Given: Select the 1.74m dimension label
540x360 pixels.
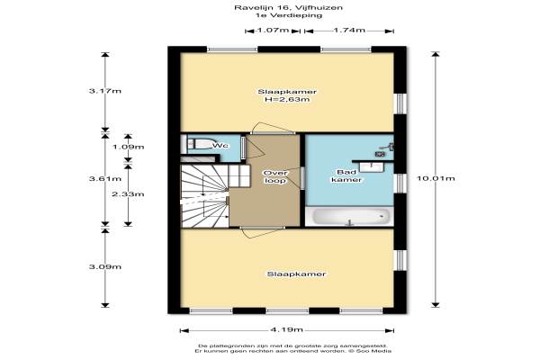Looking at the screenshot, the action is click(x=349, y=31).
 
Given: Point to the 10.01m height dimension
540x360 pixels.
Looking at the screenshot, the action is click(x=436, y=178).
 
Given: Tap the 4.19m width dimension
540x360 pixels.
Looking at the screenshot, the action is click(x=286, y=330).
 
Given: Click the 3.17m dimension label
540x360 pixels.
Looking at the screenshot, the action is click(x=105, y=91).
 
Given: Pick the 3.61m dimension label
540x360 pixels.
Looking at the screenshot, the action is click(x=105, y=179).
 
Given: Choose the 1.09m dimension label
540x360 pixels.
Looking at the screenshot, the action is click(x=129, y=147).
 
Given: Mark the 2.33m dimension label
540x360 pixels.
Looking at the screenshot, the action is click(x=128, y=194).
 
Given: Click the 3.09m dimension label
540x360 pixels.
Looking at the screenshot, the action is click(x=105, y=267).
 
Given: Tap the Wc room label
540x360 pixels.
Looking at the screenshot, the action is click(x=220, y=146).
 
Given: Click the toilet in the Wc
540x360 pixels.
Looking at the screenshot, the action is click(x=199, y=144).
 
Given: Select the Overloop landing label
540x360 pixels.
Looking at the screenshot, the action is click(x=275, y=176).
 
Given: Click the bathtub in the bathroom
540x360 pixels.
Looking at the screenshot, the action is click(x=349, y=217).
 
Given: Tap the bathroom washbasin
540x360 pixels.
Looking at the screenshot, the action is click(x=372, y=166).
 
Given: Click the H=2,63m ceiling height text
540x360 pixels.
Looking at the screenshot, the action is click(x=287, y=100).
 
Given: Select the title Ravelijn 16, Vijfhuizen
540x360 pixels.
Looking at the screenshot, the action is click(x=289, y=7).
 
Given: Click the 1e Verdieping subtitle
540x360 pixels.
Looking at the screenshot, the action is click(x=289, y=15).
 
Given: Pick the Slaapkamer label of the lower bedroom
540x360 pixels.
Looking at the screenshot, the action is click(x=296, y=274).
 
